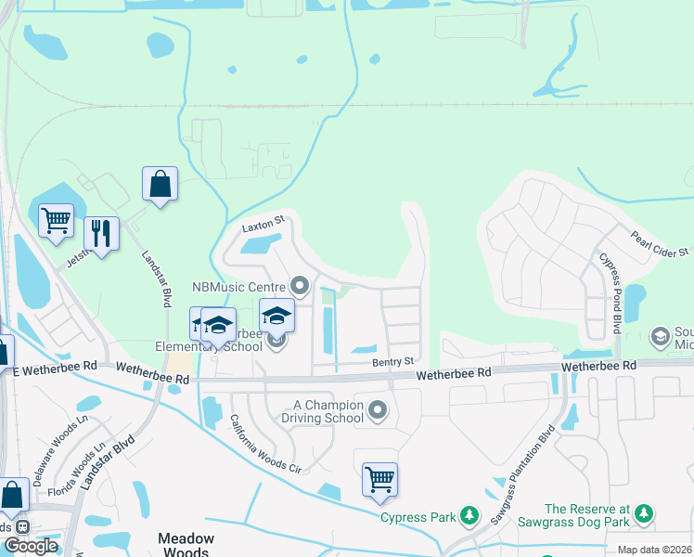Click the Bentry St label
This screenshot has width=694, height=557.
392,360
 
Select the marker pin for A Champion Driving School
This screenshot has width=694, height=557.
378,409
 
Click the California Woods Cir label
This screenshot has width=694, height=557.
265,445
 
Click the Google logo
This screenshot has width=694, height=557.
31,546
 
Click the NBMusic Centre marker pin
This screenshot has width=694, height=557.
299,284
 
